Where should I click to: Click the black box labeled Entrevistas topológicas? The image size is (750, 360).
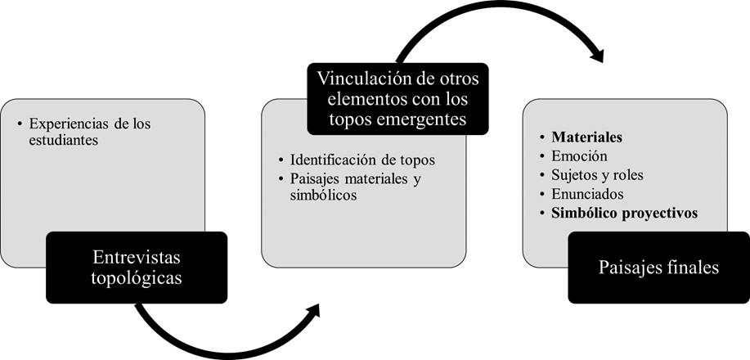(136, 267)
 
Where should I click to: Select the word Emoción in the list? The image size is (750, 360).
(579, 155)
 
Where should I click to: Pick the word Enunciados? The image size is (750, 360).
(588, 195)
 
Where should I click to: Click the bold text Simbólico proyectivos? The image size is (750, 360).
(624, 214)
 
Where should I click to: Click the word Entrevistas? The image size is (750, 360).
(136, 257)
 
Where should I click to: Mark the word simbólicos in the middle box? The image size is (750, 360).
(310, 196)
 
